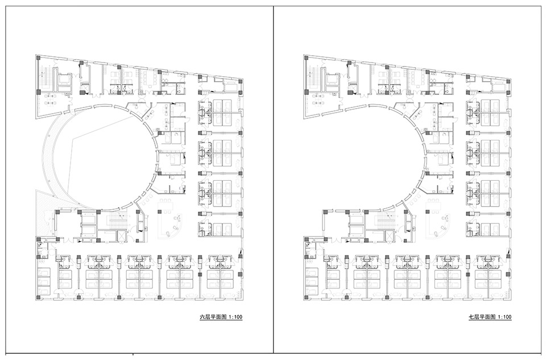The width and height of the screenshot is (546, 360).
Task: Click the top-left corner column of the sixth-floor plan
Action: [x=38, y=57]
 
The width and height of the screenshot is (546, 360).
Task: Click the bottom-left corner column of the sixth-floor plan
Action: [x=38, y=297]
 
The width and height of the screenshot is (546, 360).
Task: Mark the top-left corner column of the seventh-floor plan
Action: [x=307, y=57]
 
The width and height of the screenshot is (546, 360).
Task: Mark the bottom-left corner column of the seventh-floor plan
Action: [x=307, y=297]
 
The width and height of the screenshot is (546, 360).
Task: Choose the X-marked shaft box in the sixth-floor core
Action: [x=121, y=235]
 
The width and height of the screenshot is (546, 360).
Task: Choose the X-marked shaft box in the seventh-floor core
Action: [x=389, y=235]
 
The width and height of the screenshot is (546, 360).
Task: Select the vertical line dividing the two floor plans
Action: [x=274, y=179]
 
